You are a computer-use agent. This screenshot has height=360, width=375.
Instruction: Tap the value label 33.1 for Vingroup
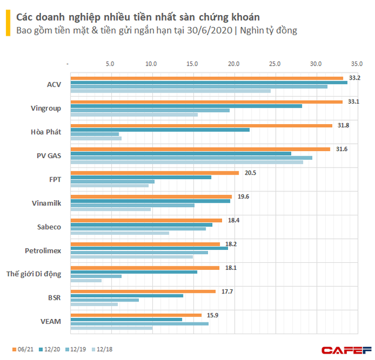coord(352,102)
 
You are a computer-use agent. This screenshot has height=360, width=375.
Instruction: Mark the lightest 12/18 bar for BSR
coord(94,304)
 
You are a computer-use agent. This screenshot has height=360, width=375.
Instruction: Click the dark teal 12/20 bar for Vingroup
coord(186,106)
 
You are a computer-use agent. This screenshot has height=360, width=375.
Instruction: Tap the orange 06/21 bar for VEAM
coord(135,315)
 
